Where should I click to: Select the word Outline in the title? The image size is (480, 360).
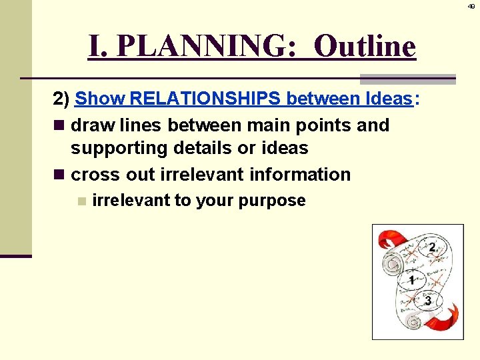(x=364, y=46)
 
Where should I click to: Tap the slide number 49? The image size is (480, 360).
(x=471, y=7)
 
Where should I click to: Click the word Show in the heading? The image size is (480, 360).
(x=100, y=99)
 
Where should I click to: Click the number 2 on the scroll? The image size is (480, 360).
(x=433, y=248)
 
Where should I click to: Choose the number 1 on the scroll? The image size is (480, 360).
(x=412, y=280)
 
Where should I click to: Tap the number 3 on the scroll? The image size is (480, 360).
(x=428, y=301)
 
